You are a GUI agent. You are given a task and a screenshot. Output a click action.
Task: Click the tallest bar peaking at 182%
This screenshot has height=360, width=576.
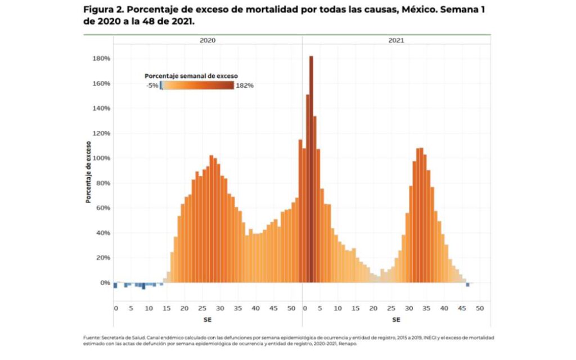311,169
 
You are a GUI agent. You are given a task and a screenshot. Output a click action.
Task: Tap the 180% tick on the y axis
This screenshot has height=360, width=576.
101,58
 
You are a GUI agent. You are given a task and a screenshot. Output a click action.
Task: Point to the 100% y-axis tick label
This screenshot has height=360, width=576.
101,158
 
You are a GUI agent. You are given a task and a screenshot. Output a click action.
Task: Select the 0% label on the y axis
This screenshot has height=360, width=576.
104,283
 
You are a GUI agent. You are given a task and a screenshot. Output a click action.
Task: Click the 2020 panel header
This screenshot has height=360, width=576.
208,40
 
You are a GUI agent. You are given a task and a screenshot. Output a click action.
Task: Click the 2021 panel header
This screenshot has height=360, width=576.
396,40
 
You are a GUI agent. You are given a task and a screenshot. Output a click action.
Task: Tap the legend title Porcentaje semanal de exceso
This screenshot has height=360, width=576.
191,75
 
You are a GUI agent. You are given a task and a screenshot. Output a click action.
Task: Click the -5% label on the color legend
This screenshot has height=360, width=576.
151,85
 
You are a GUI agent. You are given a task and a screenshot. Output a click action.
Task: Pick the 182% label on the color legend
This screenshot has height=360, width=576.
245,85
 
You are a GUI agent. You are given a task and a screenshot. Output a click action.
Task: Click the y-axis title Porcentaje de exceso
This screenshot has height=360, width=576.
89,171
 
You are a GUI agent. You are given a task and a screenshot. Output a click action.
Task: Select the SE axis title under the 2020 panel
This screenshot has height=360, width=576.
208,319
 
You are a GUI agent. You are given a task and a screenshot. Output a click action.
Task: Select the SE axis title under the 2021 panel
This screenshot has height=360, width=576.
396,319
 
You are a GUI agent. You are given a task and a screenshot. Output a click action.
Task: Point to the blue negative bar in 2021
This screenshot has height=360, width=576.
467,285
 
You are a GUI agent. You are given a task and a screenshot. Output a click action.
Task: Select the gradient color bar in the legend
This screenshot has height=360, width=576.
197,85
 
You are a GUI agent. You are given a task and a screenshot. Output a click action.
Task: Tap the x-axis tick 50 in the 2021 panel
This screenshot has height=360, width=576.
479,308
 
